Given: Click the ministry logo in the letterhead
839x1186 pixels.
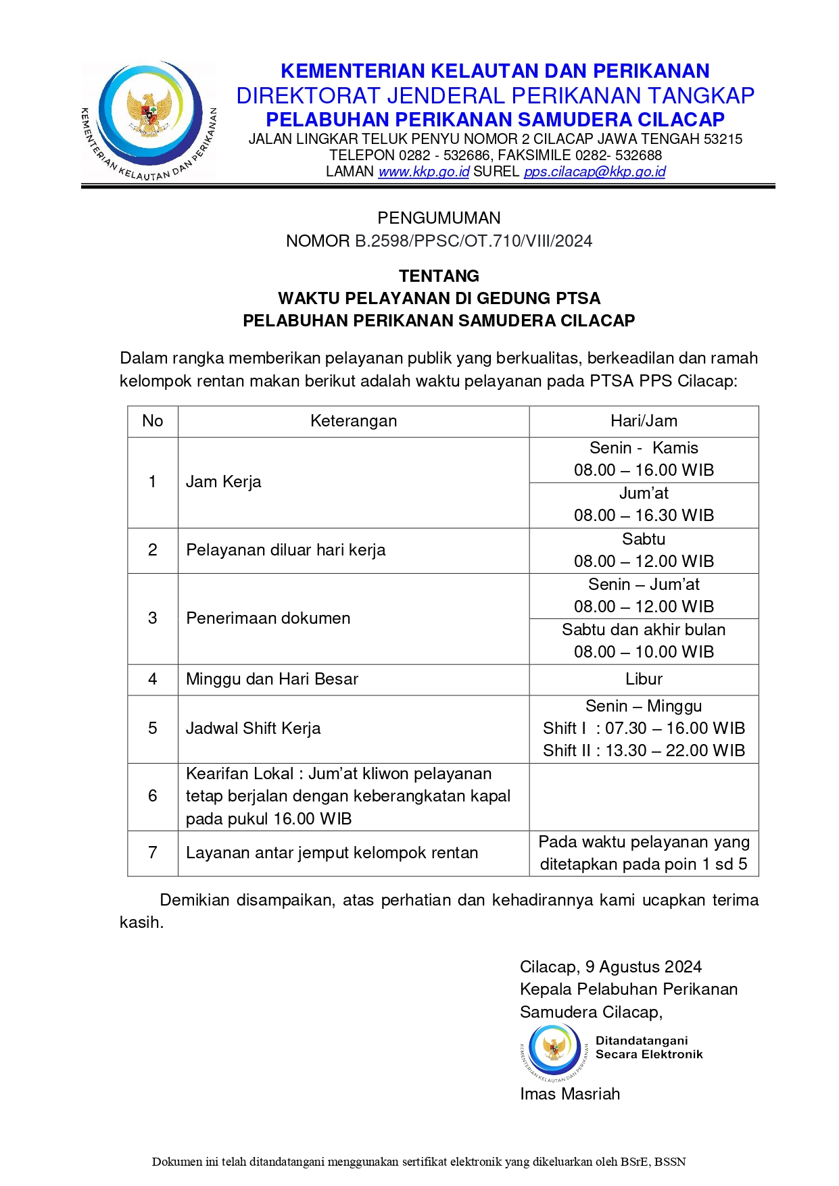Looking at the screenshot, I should point(149,120).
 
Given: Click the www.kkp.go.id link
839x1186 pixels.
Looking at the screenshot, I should point(423,172).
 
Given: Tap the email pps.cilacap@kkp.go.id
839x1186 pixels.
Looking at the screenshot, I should point(594,172).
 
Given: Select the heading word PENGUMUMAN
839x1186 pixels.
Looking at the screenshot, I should point(439,218).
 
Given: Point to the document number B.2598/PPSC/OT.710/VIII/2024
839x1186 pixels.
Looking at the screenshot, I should point(473,241).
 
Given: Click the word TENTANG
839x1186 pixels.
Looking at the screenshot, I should point(439,276).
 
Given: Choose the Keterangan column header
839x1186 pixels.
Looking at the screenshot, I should point(353,421).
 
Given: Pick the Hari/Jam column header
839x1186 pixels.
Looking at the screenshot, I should point(644,421).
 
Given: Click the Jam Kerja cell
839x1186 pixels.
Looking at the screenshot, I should point(223,482).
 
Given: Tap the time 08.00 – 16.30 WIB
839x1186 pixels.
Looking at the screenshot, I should point(644,516).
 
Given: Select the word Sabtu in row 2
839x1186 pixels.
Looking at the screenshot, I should point(644,539).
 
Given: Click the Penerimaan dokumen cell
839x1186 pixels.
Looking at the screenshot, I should point(268,618).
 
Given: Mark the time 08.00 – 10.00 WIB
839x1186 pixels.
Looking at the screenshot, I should point(644,652).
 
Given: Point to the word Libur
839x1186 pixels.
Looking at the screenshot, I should point(644,679).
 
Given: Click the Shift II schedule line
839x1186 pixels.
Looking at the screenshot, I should point(644,751).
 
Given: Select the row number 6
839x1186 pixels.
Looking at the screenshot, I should point(153,796).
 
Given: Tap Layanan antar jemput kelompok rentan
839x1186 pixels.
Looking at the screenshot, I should point(331,853).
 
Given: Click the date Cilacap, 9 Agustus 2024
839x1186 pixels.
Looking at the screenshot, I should point(610,967).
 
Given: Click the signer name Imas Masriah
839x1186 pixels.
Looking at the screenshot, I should point(569,1094).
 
